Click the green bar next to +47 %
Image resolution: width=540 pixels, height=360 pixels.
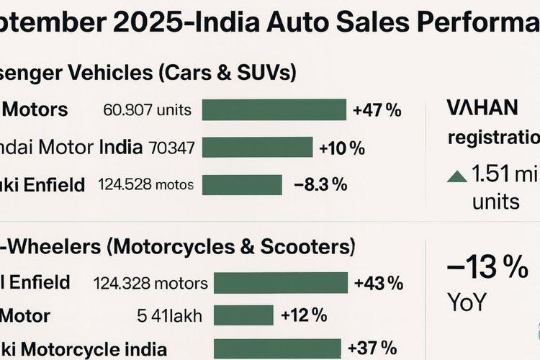point(274,110)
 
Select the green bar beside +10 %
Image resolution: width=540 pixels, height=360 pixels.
point(257,148)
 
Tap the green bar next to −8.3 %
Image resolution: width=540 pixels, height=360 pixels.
point(241,185)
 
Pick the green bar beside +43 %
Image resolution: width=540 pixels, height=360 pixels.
point(281,282)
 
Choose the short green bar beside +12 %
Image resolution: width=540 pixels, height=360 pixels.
point(243,315)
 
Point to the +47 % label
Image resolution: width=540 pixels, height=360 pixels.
point(377,110)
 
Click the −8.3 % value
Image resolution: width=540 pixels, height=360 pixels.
point(320,184)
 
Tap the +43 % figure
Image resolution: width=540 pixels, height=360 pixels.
point(378,282)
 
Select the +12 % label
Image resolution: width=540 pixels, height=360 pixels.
point(304,315)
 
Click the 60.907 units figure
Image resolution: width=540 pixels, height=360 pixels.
point(148,110)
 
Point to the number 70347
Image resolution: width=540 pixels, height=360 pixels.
point(171,148)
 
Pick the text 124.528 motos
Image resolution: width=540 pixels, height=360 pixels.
point(145,185)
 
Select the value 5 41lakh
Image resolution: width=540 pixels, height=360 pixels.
point(170,316)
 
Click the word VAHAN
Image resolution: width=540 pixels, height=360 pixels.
point(482,107)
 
